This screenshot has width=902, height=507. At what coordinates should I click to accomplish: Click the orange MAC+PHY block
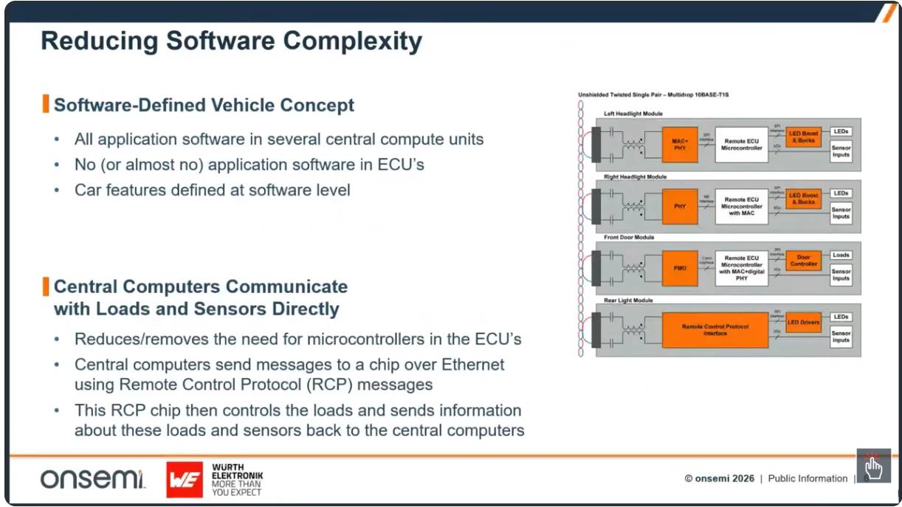click(680, 143)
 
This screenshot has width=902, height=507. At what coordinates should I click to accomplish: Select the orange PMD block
click(680, 268)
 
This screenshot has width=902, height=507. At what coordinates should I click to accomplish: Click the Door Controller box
click(803, 261)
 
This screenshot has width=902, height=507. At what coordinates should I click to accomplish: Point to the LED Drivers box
click(803, 323)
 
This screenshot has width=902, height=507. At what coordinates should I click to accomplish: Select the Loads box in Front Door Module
click(841, 255)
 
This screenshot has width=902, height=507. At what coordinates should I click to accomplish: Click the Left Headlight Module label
click(633, 114)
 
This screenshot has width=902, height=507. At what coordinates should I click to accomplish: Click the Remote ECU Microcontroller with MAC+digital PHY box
click(742, 268)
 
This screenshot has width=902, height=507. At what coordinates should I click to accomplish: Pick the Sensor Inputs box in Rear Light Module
click(841, 337)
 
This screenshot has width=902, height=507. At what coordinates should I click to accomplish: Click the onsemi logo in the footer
click(93, 479)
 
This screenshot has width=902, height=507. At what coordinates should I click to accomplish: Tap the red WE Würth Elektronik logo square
click(185, 480)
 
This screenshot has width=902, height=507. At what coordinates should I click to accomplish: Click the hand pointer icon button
click(873, 466)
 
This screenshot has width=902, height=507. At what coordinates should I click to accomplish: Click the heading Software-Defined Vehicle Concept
click(204, 105)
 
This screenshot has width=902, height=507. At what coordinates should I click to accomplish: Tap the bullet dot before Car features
click(58, 190)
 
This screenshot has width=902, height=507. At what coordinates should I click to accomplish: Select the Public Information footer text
click(808, 478)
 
